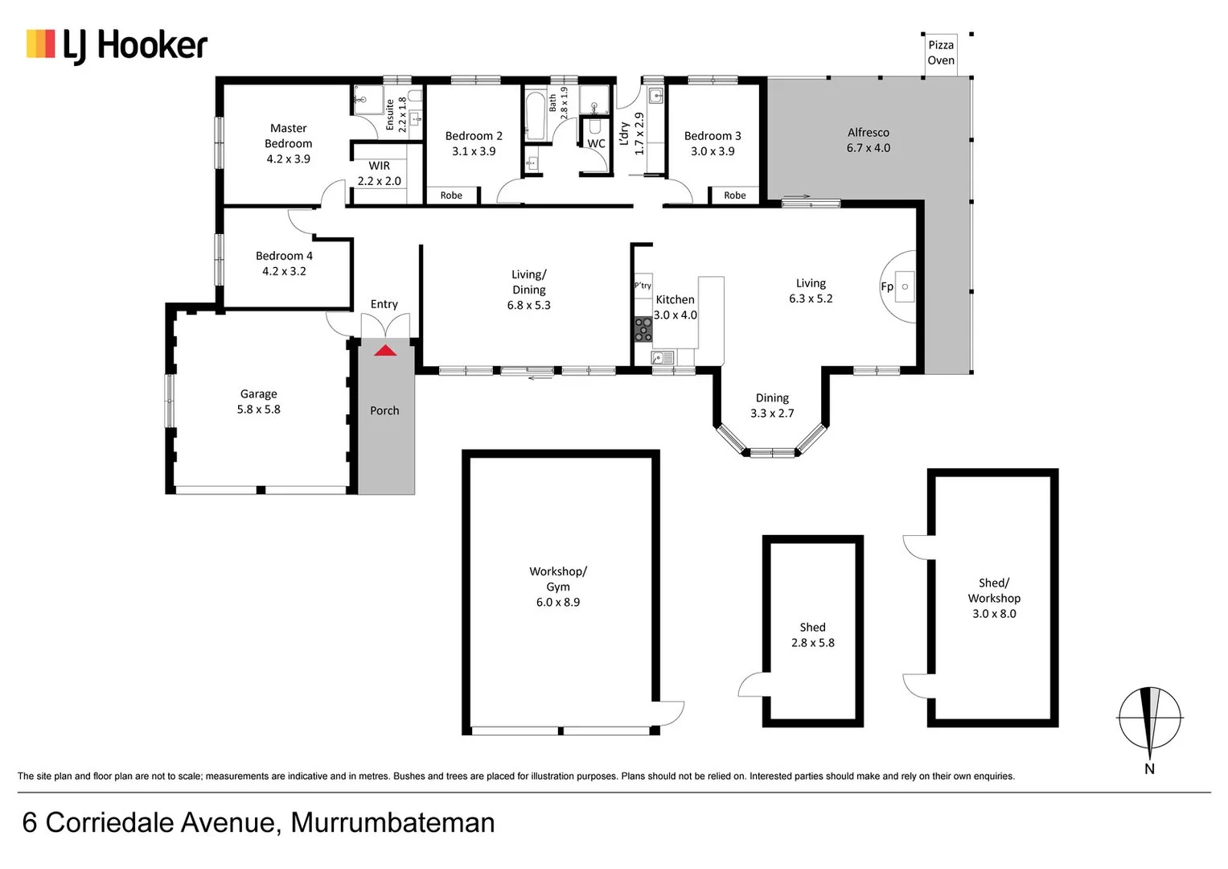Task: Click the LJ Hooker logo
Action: point(117,45)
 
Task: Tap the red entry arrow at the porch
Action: point(385,351)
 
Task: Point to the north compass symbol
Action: point(1150,719)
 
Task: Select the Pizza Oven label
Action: point(941,53)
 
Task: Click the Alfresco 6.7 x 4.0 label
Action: point(868,140)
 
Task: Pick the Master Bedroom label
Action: point(288,143)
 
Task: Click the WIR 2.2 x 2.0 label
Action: point(379,174)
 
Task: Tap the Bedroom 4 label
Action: point(284,263)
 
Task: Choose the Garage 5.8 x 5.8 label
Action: point(258,402)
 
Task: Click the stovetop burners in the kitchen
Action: point(643,329)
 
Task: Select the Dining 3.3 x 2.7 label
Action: point(772,406)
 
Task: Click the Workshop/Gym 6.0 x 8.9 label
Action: point(558,587)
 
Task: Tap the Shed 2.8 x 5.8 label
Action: point(812,635)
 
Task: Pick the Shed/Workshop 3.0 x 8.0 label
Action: point(994,598)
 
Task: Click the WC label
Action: point(596,144)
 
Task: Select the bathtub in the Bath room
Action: point(535,116)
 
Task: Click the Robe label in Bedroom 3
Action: point(734,196)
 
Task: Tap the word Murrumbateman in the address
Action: point(392,822)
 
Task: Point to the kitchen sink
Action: point(663,357)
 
